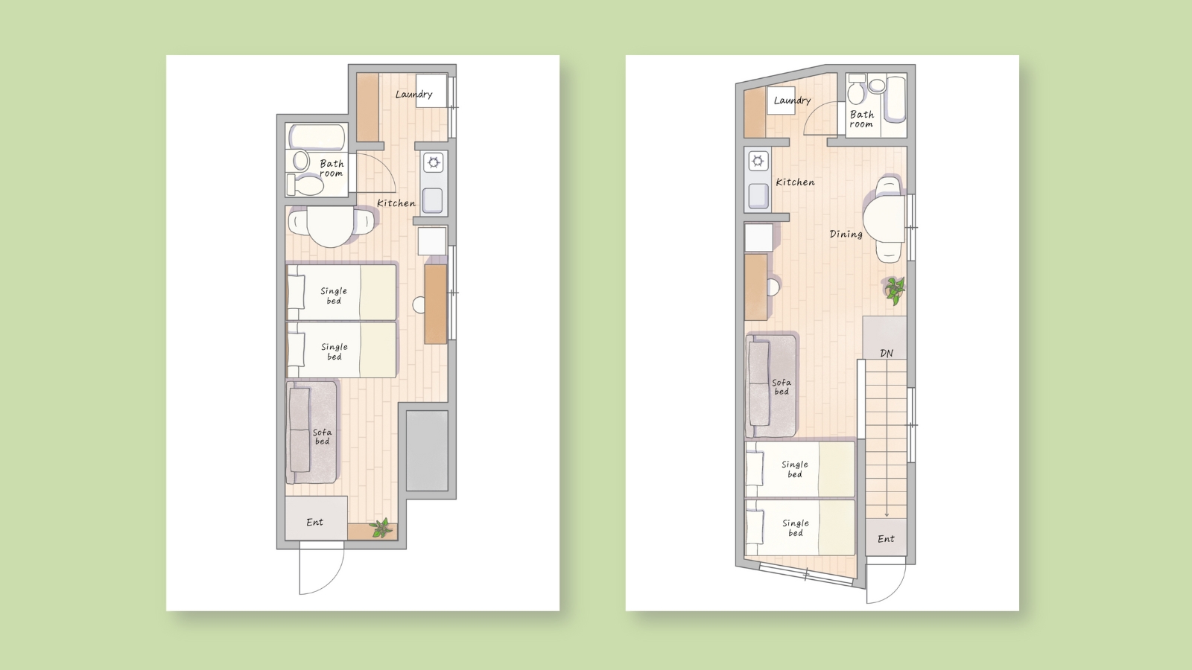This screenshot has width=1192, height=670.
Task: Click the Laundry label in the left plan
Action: (x=413, y=94)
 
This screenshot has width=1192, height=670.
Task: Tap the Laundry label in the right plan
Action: (x=792, y=100)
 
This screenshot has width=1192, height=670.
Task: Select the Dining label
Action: (x=846, y=234)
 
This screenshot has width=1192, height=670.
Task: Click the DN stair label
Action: (x=886, y=353)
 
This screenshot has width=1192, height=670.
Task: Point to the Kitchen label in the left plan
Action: (x=396, y=203)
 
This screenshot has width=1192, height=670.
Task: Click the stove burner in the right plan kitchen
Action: (x=758, y=161)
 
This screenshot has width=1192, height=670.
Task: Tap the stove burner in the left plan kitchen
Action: (x=434, y=162)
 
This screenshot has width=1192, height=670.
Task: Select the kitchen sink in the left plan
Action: (x=433, y=200)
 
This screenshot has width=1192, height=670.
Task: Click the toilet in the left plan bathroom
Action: (x=305, y=185)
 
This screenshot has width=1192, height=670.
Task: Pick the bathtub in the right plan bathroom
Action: (x=895, y=100)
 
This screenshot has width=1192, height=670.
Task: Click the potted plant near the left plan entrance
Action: (x=381, y=528)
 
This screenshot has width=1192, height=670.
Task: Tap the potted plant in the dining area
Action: (x=895, y=290)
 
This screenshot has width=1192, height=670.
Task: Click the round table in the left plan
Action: (x=331, y=227)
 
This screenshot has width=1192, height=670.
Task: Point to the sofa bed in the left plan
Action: (x=311, y=432)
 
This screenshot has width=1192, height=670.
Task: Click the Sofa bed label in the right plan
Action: (x=782, y=386)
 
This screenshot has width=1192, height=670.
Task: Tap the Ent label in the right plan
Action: (x=886, y=539)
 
